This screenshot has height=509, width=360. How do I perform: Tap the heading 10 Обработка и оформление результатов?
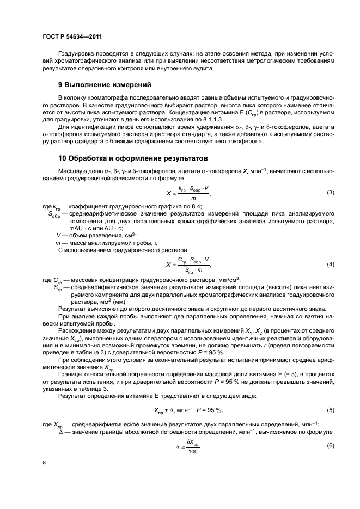coord(133,159)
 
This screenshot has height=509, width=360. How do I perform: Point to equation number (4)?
coord(330,265)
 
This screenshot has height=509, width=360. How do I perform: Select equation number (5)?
coord(330,409)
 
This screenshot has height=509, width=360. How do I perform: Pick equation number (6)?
coord(330,445)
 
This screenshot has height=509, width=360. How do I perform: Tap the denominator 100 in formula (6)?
coord(192,452)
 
